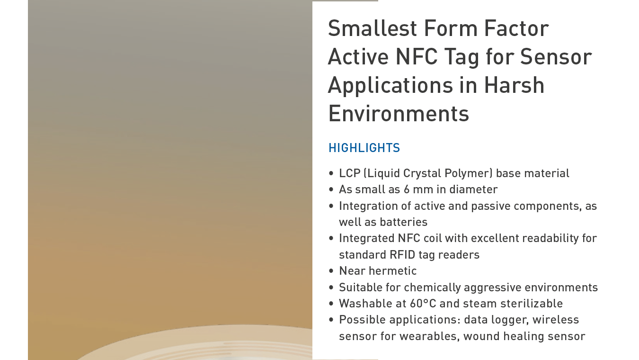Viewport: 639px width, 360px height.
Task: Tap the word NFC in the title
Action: [x=417, y=56]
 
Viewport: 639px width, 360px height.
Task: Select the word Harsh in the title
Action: [x=515, y=85]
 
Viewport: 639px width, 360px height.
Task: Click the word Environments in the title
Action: [x=399, y=114]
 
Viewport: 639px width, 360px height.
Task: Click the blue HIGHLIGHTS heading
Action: [x=364, y=148]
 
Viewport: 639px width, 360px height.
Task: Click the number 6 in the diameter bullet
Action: [x=407, y=189]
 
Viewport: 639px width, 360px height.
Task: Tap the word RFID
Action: [x=402, y=255]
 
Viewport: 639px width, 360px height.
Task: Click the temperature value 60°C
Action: [x=423, y=304]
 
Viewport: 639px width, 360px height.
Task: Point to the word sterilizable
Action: [x=532, y=304]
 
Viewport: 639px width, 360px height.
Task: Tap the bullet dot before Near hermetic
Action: [x=331, y=271]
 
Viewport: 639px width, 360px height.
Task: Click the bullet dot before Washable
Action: [x=331, y=304]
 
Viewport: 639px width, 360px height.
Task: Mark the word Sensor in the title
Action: [x=556, y=56]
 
